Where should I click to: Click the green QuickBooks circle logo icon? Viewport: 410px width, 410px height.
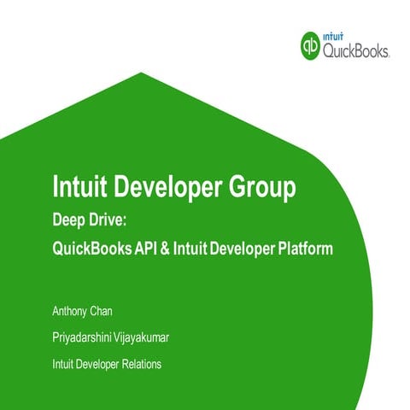312,45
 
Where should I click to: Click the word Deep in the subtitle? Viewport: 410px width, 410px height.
69,220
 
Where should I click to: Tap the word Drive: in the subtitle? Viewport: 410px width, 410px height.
108,220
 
